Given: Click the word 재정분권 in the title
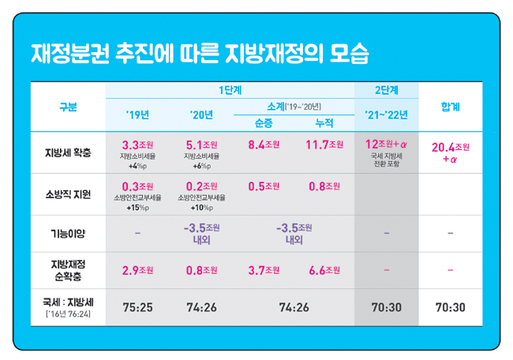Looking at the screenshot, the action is coord(70,54).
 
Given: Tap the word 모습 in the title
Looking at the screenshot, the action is coord(349,54).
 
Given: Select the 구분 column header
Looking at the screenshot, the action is coord(68,107).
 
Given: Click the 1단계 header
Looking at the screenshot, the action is coord(230,90).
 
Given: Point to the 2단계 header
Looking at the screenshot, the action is coord(387,90).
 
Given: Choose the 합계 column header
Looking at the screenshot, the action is coord(450,107).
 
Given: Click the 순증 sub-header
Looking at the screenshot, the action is coord(264,123).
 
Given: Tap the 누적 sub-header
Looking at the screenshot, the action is coord(324,123).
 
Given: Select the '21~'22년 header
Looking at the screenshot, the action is coord(387,115).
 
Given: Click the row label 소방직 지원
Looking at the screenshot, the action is coord(68,194).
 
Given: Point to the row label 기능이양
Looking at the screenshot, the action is coord(68,234).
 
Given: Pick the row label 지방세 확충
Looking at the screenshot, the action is coord(68,152).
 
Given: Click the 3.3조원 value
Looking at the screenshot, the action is coord(138,144).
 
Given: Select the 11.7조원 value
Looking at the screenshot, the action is coord(324,144).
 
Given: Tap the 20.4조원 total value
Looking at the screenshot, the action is coord(451,148).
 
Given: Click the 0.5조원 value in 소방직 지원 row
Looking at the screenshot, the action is coord(264,186).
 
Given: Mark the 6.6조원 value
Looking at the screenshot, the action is coord(324,270).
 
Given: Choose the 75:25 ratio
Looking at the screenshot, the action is coord(138,307).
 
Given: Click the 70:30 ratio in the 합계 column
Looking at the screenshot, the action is coord(450,307).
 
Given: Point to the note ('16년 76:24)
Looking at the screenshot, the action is coord(68,314).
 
